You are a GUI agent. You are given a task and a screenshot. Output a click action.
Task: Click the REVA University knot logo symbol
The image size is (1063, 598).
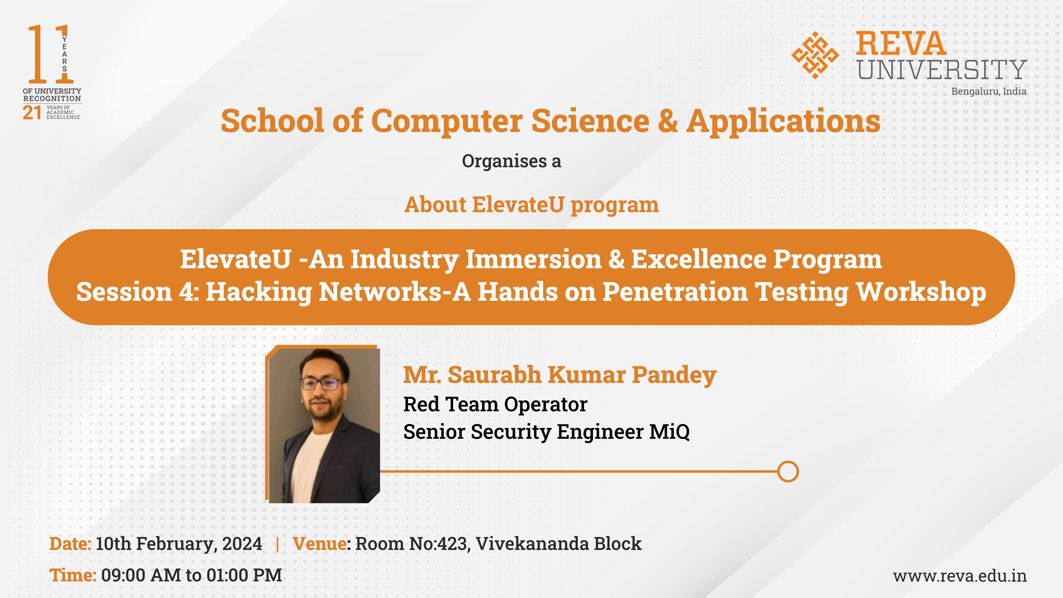pyautogui.click(x=815, y=55)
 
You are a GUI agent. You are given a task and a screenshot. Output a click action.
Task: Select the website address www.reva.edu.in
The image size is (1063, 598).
pyautogui.click(x=960, y=576)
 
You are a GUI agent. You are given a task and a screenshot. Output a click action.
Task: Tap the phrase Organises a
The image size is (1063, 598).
pyautogui.click(x=511, y=161)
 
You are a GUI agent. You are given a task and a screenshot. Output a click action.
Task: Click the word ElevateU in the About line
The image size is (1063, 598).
pyautogui.click(x=518, y=205)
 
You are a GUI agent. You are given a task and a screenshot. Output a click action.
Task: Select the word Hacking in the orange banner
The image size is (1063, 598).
pyautogui.click(x=259, y=292)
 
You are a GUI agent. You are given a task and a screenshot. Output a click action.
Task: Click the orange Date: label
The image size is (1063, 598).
pyautogui.click(x=70, y=544)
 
